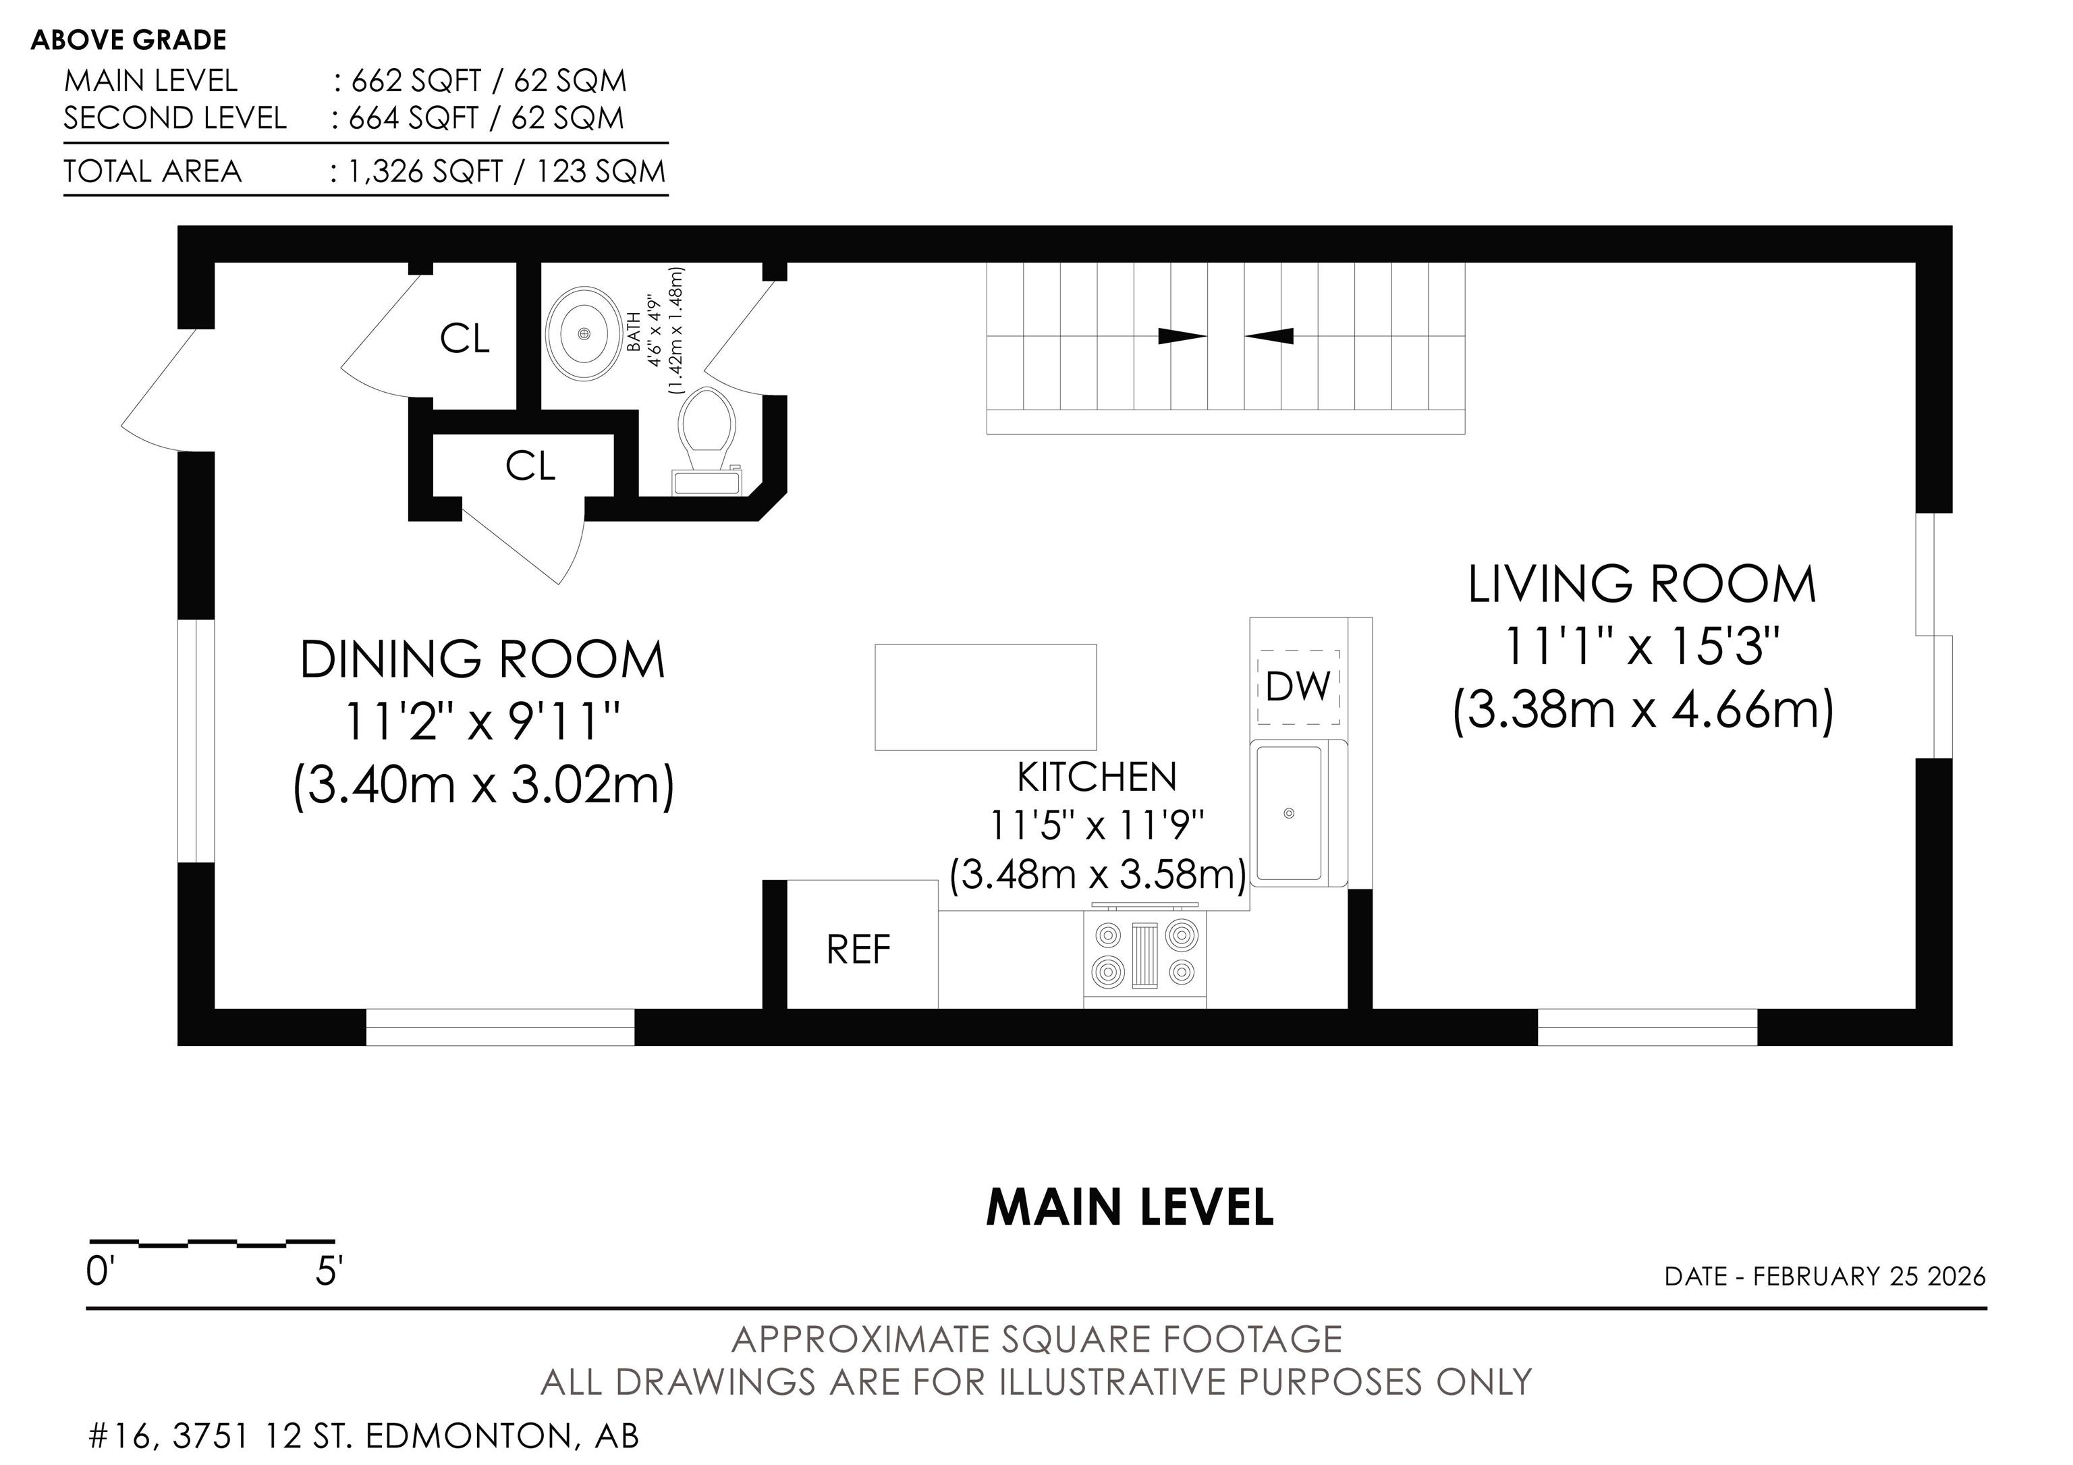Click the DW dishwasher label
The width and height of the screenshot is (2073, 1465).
coord(1298,687)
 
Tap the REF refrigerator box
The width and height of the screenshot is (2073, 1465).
coord(862,944)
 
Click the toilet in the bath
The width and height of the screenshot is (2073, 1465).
coord(709,441)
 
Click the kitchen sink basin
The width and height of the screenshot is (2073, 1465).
coord(1290,813)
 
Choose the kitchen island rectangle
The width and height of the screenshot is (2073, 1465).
coord(986,697)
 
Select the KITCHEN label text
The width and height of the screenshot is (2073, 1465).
coord(1097,777)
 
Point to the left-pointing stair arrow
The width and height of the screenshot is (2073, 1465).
coord(1269,337)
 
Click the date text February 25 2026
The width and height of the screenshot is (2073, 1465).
coord(1869,1276)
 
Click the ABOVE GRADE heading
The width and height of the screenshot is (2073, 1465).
coord(129,40)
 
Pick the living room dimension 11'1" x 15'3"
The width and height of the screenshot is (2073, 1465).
coord(1641,646)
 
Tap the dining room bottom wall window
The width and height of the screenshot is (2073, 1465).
coord(500,1027)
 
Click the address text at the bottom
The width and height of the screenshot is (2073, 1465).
coord(364,1435)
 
